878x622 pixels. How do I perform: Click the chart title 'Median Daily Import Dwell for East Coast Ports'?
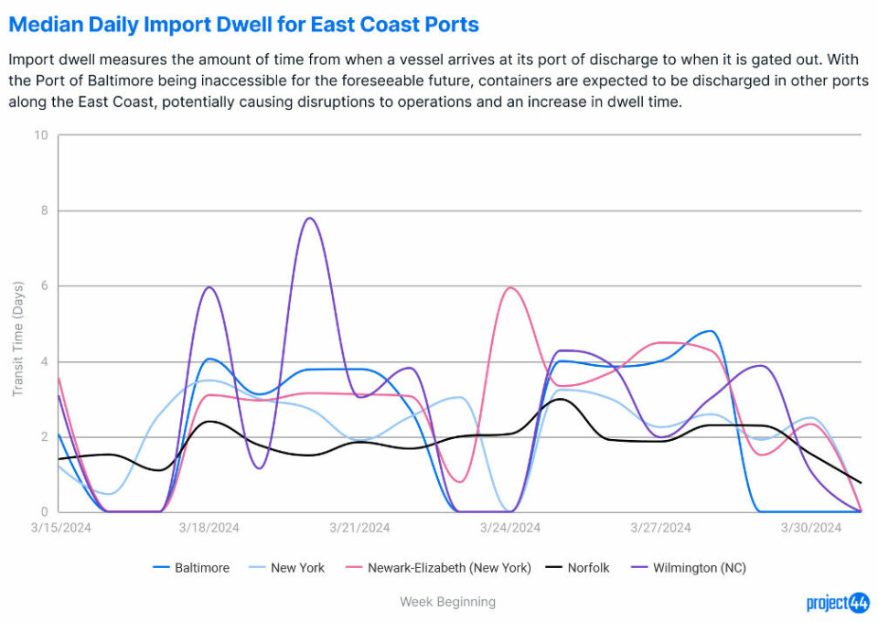click(x=243, y=24)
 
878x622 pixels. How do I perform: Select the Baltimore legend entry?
click(x=191, y=568)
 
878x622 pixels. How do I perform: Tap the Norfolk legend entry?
click(x=576, y=568)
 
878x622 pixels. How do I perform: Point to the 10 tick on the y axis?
click(x=40, y=135)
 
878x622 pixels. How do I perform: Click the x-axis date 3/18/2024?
click(x=209, y=528)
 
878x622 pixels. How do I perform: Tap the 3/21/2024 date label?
click(x=359, y=528)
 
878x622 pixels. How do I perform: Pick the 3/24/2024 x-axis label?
click(x=510, y=528)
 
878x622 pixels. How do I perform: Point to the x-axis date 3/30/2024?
click(x=811, y=528)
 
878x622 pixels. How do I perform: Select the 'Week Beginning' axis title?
click(x=447, y=602)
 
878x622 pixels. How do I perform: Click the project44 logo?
click(x=837, y=602)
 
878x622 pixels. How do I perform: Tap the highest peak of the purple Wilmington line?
click(x=310, y=218)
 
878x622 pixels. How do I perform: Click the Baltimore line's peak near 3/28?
click(x=711, y=331)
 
